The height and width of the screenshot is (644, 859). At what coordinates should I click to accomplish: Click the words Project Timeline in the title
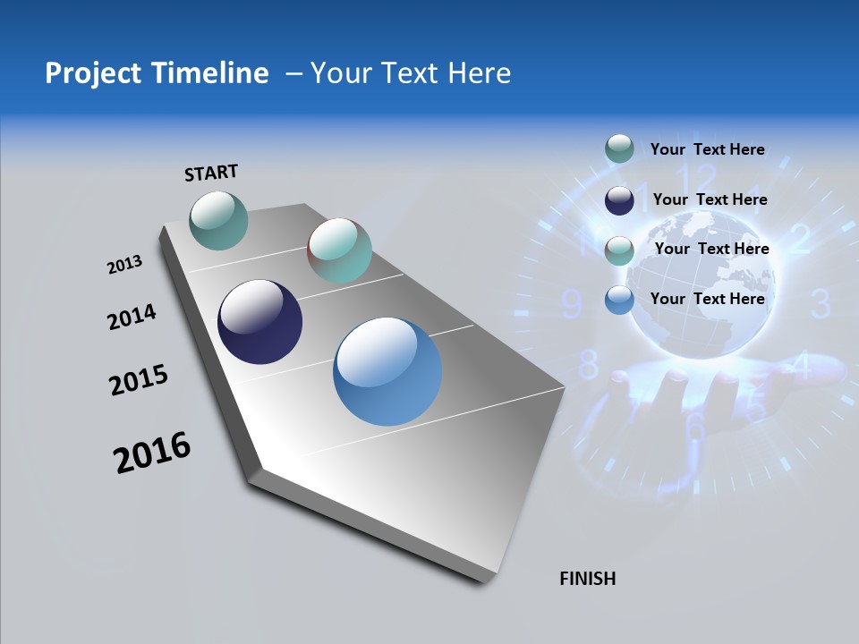tap(157, 73)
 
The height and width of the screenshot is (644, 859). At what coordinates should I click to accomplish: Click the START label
tap(211, 173)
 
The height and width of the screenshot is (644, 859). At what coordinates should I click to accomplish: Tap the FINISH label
tap(588, 579)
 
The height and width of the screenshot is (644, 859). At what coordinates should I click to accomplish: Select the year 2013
tap(125, 265)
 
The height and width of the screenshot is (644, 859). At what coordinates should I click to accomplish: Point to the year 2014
tap(132, 317)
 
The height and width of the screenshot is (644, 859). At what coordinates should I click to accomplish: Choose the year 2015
tap(139, 380)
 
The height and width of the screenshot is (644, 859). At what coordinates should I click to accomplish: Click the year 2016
tap(153, 453)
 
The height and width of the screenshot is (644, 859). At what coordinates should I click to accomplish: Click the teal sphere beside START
tap(218, 220)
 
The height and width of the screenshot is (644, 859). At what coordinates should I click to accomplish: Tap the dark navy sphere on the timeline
tap(259, 322)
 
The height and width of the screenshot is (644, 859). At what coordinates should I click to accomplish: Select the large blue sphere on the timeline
tap(387, 371)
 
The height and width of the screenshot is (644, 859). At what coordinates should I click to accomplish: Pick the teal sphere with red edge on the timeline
tap(339, 250)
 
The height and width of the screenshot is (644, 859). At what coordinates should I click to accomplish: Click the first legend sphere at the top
tap(619, 148)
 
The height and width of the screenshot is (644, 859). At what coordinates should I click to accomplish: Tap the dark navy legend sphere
tap(619, 200)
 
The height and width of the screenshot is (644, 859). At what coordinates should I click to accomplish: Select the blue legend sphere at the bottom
tap(619, 300)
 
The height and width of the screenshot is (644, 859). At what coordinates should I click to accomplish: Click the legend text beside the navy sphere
tap(710, 199)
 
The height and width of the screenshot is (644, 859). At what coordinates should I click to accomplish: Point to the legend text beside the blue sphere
tap(707, 299)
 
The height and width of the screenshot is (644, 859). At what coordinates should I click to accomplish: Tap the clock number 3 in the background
tap(821, 304)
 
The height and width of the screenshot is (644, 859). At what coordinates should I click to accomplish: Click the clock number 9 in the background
tap(571, 305)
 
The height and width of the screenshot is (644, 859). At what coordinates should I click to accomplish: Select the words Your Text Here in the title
tap(410, 73)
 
